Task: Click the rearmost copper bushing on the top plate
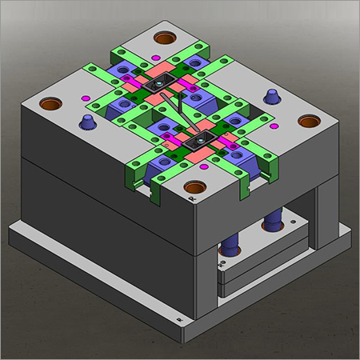click(x=167, y=38)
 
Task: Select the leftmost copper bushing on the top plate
click(x=49, y=104)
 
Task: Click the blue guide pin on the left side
click(x=86, y=122)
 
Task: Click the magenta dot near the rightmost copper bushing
click(x=274, y=126)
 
